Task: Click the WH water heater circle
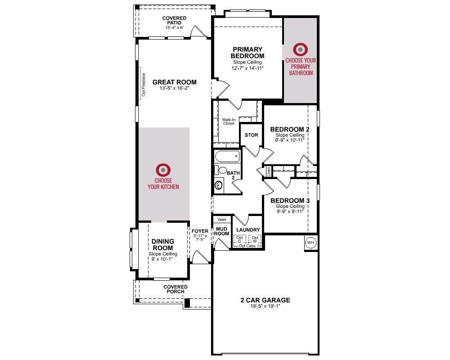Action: [x=310, y=243]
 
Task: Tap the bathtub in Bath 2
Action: [x=227, y=157]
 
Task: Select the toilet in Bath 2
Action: [x=220, y=170]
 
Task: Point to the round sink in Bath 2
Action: [x=219, y=185]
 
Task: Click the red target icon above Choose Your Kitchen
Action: [x=163, y=170]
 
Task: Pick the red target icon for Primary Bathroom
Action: [x=301, y=49]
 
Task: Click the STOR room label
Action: [x=252, y=135]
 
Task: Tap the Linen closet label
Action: [x=269, y=171]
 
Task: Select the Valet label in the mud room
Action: [x=221, y=220]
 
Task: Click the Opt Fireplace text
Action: [x=144, y=85]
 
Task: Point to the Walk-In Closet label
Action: [x=229, y=121]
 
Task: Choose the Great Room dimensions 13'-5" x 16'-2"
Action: [x=175, y=88]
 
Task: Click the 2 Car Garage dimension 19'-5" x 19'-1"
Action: [x=265, y=306]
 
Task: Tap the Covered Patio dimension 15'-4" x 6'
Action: [x=174, y=28]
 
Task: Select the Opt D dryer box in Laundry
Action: [x=240, y=240]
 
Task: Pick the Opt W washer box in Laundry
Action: [x=255, y=240]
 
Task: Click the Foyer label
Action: [x=200, y=231]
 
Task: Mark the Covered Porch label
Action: [x=175, y=289]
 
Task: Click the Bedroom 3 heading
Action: [x=290, y=201]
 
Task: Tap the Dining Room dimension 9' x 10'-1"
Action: [x=162, y=259]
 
